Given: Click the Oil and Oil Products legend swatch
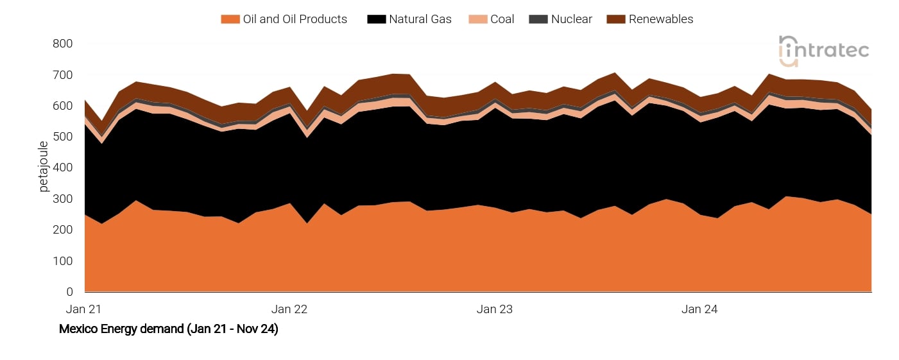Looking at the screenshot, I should click(230, 19).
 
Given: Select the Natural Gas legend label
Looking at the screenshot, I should click(420, 19).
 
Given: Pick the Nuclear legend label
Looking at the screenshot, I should click(571, 19).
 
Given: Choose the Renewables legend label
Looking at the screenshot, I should click(661, 19).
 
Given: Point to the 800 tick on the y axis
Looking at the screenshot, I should click(63, 44).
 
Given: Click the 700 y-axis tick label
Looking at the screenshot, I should click(63, 75).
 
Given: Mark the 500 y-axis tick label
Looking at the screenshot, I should click(63, 137).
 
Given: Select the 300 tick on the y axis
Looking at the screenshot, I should click(63, 199).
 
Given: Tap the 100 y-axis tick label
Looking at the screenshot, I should click(63, 261).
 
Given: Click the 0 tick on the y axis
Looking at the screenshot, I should click(69, 292).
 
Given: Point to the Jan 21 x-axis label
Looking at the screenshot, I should click(84, 309).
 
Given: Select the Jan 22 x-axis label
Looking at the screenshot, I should click(289, 309).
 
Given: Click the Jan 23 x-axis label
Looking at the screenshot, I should click(495, 309).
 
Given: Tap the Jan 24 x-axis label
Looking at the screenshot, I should click(699, 309).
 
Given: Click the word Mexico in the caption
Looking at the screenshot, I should click(78, 330).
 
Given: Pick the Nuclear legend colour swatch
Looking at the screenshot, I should click(537, 19).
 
